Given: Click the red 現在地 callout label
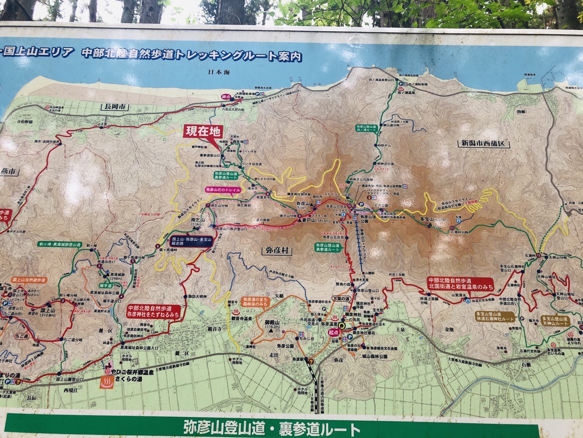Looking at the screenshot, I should tap(203, 132).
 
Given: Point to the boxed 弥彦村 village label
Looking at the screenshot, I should tap(277, 251).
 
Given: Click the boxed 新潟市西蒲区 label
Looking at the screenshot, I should tap(483, 144).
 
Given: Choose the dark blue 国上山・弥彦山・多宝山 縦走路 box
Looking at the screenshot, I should tap(192, 242).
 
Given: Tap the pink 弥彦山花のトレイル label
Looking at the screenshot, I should tap(223, 190).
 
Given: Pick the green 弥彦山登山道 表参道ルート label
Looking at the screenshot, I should tap(327, 247).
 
